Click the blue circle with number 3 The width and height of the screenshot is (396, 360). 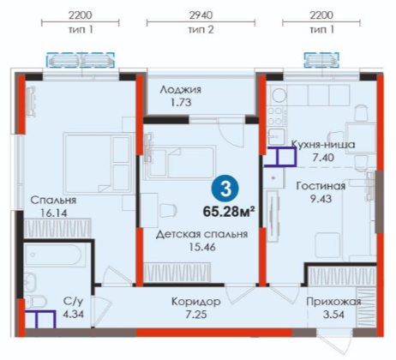pos(225,189)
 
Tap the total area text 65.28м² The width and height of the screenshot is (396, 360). pos(229,212)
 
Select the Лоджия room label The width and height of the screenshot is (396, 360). pos(180,90)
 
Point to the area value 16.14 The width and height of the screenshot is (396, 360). pos(54,213)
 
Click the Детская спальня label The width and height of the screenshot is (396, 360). pos(201,234)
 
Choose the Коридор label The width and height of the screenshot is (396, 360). pos(196,301)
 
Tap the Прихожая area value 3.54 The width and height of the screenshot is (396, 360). pos(333,315)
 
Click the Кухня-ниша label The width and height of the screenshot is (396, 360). pos(323,145)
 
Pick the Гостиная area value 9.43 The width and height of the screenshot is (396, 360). pos(321,198)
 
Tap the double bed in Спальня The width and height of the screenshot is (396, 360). pos(97,164)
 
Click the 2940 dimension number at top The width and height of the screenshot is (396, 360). pos(201,15)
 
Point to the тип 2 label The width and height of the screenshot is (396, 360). pos(201,29)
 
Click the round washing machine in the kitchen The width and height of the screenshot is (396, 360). pos(279,95)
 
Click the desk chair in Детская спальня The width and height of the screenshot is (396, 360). pos(168,210)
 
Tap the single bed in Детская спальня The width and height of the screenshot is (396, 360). pos(179,163)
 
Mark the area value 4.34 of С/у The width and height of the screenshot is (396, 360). pos(74,315)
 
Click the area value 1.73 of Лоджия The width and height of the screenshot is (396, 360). pos(181,103)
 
